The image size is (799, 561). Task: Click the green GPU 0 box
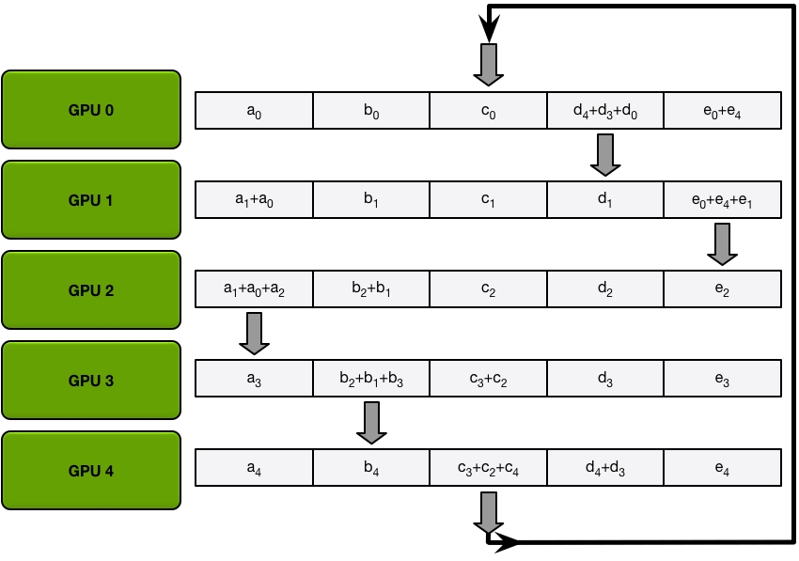91,110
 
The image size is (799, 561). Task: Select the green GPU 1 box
91,200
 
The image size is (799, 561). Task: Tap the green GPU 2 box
91,290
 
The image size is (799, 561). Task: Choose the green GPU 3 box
91,381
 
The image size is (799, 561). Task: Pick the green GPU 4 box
91,471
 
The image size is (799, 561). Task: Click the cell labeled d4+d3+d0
604,111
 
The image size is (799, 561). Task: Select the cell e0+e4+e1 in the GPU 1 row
722,200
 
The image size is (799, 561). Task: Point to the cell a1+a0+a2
253,290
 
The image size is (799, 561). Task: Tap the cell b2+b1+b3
370,381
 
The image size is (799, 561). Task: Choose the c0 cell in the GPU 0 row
488,111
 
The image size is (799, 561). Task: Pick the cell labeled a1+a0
253,200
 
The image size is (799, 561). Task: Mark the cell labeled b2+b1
370,290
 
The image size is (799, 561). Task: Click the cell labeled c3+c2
488,381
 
